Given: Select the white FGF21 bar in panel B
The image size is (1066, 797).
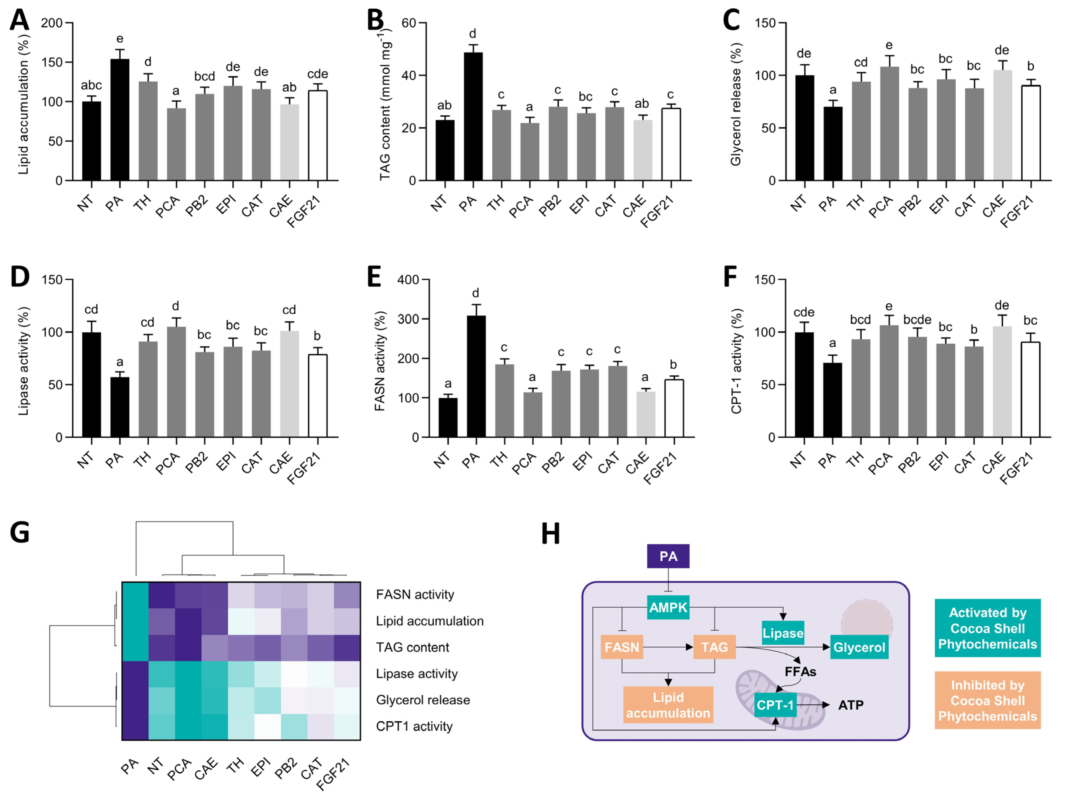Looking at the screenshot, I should pos(671,145).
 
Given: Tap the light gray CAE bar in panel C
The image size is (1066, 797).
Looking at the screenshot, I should pos(1002,125).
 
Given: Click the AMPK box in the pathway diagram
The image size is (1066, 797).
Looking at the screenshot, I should pos(668,607).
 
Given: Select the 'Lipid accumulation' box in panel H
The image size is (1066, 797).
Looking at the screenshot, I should pos(668,704).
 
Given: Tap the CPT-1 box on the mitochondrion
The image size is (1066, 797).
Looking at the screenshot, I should pos(775,705).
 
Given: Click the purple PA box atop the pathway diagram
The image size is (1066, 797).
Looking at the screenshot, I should pos(668,556).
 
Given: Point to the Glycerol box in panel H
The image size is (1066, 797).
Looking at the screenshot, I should pos(859,647).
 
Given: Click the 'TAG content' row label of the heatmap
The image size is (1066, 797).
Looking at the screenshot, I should pos(413,647).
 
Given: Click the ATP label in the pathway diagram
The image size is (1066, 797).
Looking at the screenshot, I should pos(850,705).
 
